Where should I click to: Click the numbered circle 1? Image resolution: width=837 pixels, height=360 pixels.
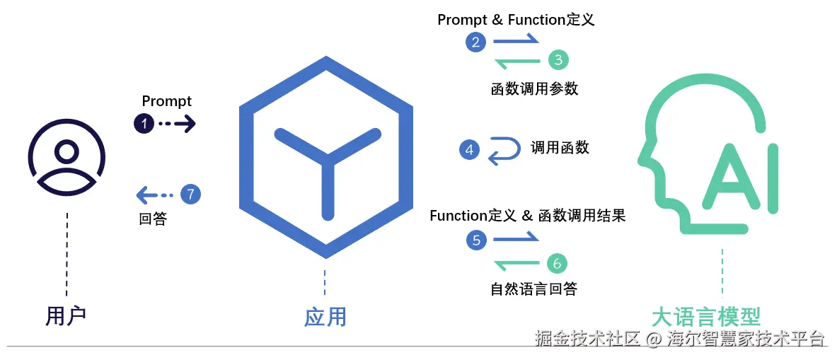pos(144,124)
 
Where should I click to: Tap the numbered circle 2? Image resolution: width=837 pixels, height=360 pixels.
pos(475,42)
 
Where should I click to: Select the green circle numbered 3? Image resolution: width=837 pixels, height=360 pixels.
pos(558,60)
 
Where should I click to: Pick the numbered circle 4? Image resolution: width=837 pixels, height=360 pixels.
pos(469,150)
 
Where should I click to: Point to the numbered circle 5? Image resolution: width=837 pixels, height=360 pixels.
pos(476,240)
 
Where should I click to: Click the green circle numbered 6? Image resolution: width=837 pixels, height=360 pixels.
pos(557,264)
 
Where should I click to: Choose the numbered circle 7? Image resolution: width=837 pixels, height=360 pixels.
pos(190,194)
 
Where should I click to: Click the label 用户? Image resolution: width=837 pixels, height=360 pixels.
pos(66,315)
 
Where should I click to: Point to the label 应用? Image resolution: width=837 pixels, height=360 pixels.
pos(325,316)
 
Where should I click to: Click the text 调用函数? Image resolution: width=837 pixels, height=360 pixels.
pos(560,147)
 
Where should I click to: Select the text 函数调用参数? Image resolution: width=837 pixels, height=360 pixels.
pos(534,88)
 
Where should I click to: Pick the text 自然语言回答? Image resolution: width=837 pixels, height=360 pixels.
pos(533,289)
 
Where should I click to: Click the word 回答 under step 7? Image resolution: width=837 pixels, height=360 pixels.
pos(153,219)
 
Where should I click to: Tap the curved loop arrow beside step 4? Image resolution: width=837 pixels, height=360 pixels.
pos(503,150)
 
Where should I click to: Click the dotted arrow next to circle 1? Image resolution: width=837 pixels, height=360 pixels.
pos(176,124)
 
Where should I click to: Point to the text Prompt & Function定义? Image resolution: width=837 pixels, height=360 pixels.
pos(516,19)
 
